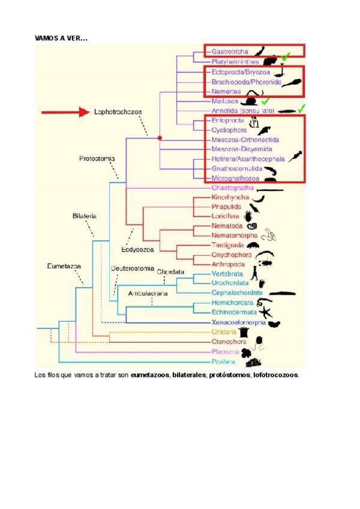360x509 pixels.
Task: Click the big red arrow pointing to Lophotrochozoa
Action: (x=64, y=112)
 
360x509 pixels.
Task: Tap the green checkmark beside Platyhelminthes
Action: (x=286, y=57)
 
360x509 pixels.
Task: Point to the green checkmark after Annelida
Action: (x=302, y=109)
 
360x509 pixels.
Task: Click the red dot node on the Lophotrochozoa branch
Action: (x=160, y=138)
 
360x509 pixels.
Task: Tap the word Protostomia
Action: (x=97, y=159)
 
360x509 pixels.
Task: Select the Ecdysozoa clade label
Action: (x=136, y=249)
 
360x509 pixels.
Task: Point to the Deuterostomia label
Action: (x=133, y=268)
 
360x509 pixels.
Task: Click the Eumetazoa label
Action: (x=64, y=265)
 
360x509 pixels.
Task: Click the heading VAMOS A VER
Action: (x=61, y=38)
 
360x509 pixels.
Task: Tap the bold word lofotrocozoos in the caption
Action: (x=275, y=375)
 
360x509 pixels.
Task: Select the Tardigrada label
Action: (x=227, y=245)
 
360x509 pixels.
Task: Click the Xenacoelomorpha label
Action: (x=238, y=322)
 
